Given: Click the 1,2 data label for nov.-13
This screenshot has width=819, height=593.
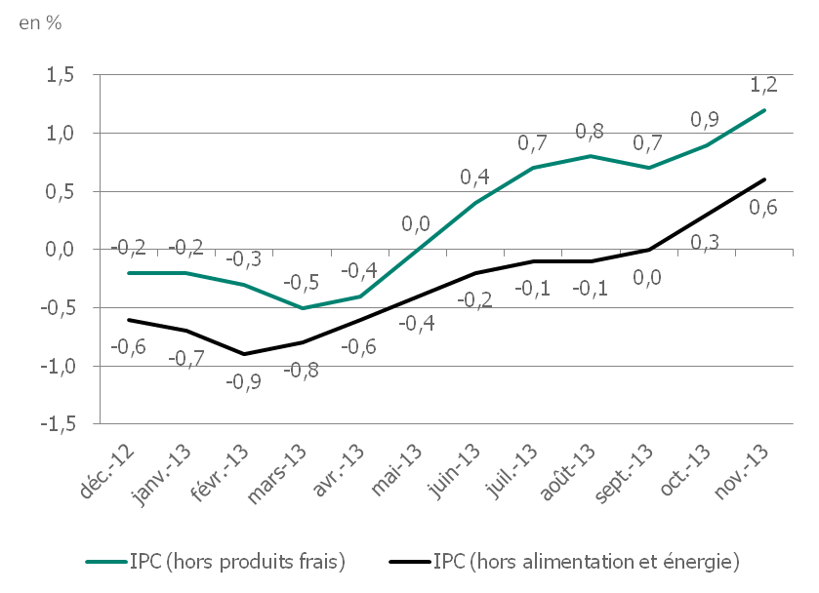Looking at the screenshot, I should click(x=764, y=85).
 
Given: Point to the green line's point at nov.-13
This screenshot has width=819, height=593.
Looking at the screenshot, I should click(x=764, y=110).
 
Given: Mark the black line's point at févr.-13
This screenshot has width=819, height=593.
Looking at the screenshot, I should click(x=244, y=354).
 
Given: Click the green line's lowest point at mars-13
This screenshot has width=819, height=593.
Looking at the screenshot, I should click(x=303, y=308).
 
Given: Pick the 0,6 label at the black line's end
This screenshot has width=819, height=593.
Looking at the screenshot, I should click(x=764, y=206).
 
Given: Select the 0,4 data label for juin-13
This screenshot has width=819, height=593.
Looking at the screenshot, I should click(x=475, y=177).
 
